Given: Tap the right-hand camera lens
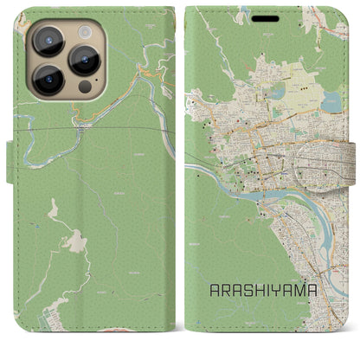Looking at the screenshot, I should pos(86,60).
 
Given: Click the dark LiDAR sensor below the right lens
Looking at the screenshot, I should pos(84,88).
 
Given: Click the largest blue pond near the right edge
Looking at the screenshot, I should pos(331,102).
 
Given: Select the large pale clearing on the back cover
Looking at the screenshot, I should pos(74,241).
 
